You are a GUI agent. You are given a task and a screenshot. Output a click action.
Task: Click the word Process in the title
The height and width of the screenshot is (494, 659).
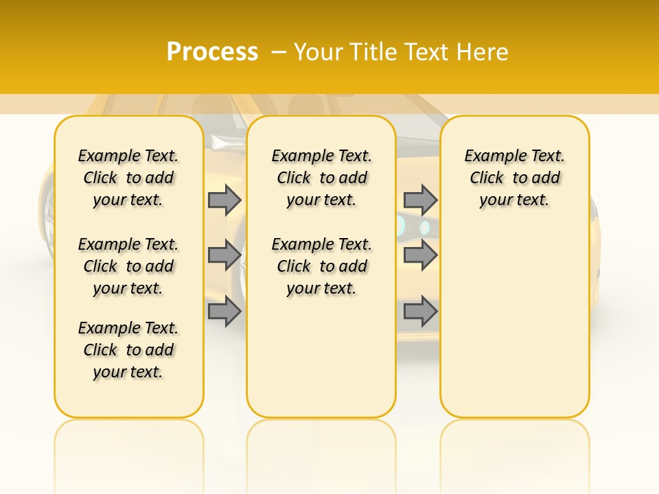pyautogui.click(x=212, y=52)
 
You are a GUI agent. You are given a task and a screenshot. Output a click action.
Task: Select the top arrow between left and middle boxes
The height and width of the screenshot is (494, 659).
pyautogui.click(x=224, y=200)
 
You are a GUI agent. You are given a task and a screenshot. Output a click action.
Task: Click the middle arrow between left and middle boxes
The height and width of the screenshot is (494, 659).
pyautogui.click(x=224, y=255)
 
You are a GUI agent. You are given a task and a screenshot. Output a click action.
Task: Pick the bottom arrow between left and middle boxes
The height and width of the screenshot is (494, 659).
pyautogui.click(x=224, y=312)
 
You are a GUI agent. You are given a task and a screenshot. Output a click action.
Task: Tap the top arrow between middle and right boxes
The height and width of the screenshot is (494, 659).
pyautogui.click(x=420, y=200)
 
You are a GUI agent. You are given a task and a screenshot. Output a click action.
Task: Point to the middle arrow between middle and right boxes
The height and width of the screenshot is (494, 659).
pyautogui.click(x=420, y=255)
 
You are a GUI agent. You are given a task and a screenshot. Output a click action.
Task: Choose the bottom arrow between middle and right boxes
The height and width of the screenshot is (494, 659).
pyautogui.click(x=420, y=312)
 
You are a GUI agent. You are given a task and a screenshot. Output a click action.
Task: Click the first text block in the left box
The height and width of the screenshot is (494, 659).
pyautogui.click(x=128, y=178)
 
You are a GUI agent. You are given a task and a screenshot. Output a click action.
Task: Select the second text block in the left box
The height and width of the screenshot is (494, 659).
pyautogui.click(x=128, y=266)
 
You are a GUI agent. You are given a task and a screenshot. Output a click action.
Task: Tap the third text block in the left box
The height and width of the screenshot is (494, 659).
pyautogui.click(x=128, y=350)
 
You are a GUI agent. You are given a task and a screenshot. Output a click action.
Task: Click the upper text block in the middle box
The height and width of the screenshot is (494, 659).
pyautogui.click(x=321, y=178)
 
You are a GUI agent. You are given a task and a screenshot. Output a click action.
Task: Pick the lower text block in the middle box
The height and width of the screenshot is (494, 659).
pyautogui.click(x=321, y=266)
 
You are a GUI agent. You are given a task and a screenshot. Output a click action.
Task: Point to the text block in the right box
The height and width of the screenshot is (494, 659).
pyautogui.click(x=515, y=178)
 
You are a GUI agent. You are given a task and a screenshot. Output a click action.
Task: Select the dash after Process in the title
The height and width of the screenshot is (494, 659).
pyautogui.click(x=279, y=52)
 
